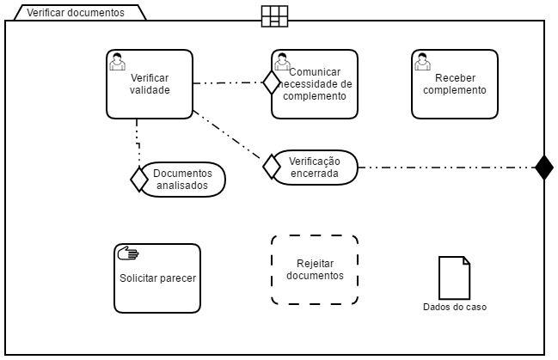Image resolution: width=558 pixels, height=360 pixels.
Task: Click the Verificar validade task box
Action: [150, 83]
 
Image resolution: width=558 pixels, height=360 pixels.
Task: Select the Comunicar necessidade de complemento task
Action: [315, 83]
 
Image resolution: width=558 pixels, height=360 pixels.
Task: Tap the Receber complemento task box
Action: [454, 83]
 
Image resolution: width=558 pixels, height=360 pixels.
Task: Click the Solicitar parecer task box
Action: [157, 278]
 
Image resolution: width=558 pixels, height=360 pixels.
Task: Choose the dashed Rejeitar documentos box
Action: [315, 270]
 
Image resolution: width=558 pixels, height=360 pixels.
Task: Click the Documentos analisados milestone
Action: [182, 179]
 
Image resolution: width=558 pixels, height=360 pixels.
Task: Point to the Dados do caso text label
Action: [454, 307]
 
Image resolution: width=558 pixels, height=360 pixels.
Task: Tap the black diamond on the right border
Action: [543, 167]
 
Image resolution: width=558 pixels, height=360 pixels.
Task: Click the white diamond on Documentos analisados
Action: [138, 179]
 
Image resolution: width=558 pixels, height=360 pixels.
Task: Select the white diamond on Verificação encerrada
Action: [272, 167]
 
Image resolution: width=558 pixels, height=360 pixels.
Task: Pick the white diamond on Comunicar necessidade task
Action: [272, 82]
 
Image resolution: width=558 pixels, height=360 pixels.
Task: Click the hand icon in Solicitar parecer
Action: [127, 253]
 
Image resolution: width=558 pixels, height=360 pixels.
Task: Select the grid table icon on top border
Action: [274, 15]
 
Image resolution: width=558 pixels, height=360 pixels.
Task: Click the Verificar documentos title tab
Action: [76, 13]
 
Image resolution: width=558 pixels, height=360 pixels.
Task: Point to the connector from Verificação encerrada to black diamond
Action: [447, 167]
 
